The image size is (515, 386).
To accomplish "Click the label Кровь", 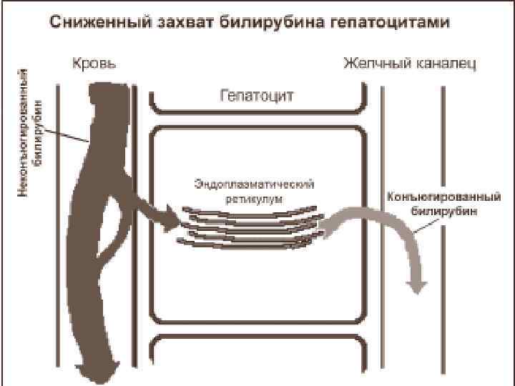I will tap(94, 64).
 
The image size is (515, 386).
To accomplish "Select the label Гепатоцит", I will tap(257, 95).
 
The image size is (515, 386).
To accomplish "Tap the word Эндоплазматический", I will tap(254, 184).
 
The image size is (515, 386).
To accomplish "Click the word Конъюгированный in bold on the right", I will tap(433, 196).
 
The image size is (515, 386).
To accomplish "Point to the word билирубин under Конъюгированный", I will tap(443, 211).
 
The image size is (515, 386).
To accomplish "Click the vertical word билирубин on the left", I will tap(39, 125).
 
